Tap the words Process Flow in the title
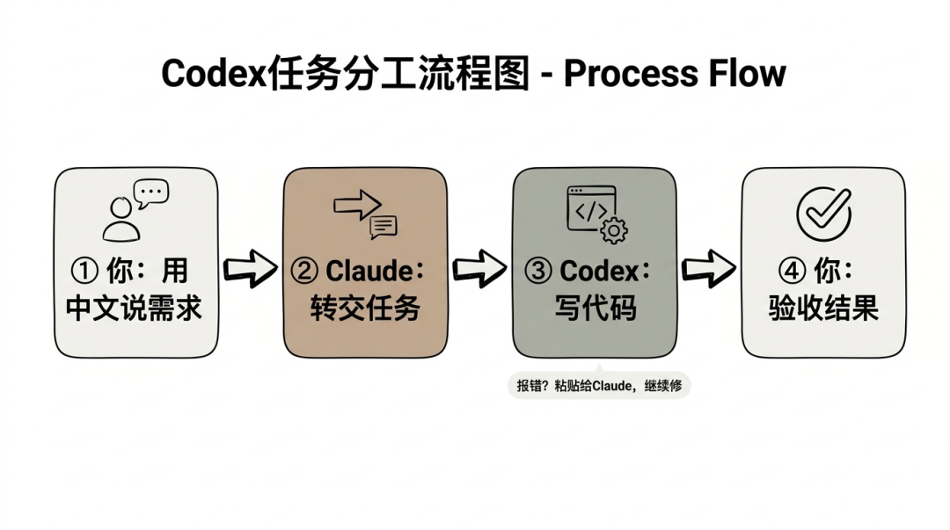coord(674,74)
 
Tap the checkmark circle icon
coord(823,212)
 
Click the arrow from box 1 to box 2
coord(250,268)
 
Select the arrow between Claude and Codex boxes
coord(479,268)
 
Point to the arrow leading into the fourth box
coord(709,268)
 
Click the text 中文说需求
coord(135,309)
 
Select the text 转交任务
coord(364,309)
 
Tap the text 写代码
coord(595,309)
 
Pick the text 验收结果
coord(823,309)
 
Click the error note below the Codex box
coord(599,385)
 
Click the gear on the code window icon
coord(613,230)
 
